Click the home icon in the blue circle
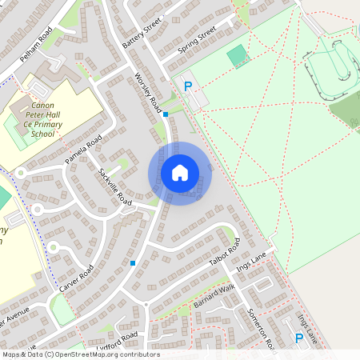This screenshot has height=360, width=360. (x=180, y=173)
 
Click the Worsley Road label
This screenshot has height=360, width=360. (x=149, y=94)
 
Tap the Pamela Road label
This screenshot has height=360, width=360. (x=84, y=150)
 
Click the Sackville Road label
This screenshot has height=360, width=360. (x=114, y=185)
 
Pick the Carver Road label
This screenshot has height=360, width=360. (x=77, y=277)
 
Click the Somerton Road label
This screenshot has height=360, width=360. (x=262, y=327)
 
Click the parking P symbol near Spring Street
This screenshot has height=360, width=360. (x=189, y=86)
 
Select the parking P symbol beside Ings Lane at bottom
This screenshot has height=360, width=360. (x=299, y=338)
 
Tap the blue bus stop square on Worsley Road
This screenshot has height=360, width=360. (x=166, y=114)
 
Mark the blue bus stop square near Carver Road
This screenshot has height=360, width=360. (x=133, y=262)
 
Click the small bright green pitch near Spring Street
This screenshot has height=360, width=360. (x=237, y=56)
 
